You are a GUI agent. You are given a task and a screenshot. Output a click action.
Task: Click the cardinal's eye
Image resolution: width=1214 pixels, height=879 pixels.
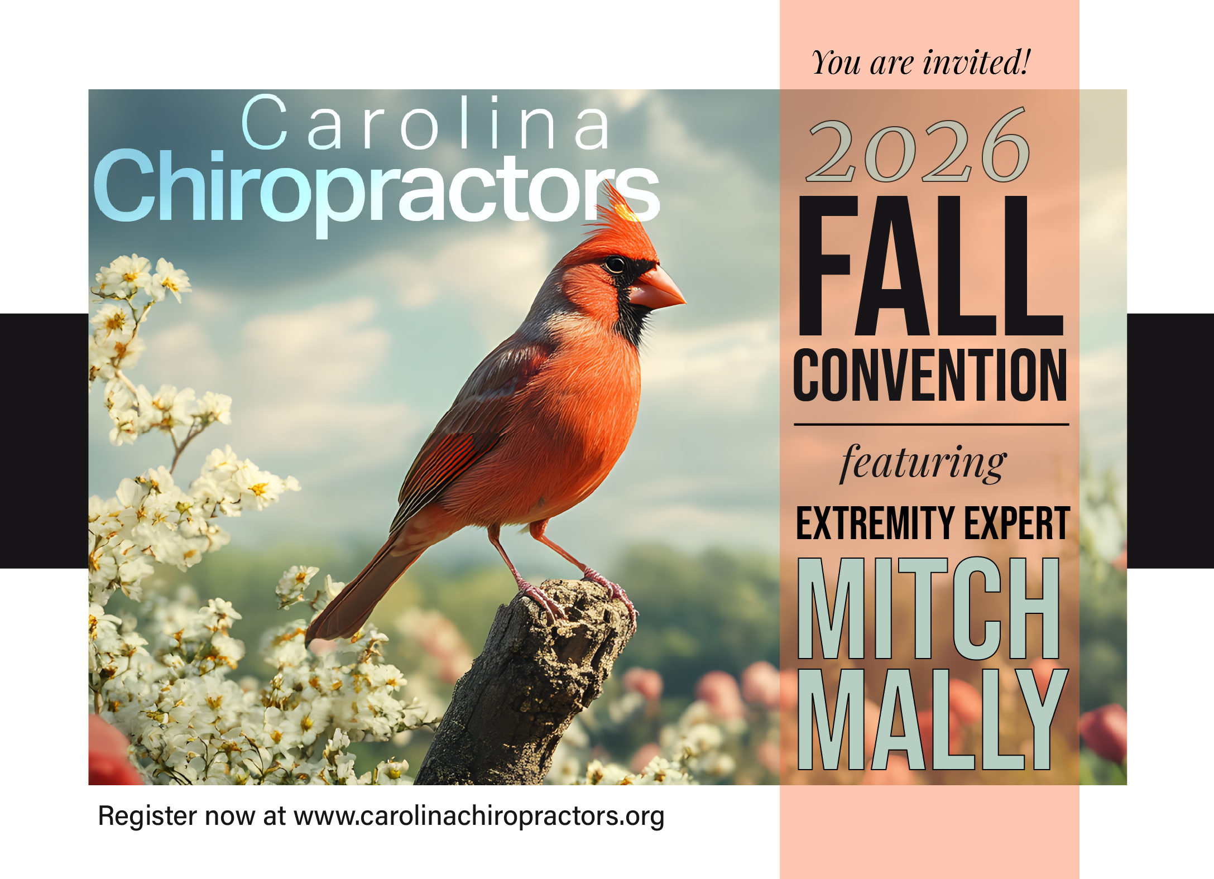pyautogui.click(x=615, y=264)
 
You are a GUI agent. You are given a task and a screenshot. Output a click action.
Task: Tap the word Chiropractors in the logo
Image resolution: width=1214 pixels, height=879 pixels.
pyautogui.click(x=377, y=190)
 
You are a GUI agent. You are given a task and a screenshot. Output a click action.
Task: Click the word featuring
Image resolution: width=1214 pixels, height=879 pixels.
pyautogui.click(x=923, y=463)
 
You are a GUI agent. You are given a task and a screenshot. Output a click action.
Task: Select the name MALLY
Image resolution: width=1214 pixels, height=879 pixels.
pyautogui.click(x=933, y=719)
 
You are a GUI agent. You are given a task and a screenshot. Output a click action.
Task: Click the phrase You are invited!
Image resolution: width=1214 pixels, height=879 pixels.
pyautogui.click(x=921, y=62)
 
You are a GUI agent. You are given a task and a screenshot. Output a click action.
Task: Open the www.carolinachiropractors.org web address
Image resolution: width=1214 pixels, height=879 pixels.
pyautogui.click(x=479, y=816)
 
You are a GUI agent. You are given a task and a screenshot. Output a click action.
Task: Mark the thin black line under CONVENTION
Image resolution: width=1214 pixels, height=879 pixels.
pyautogui.click(x=931, y=425)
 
